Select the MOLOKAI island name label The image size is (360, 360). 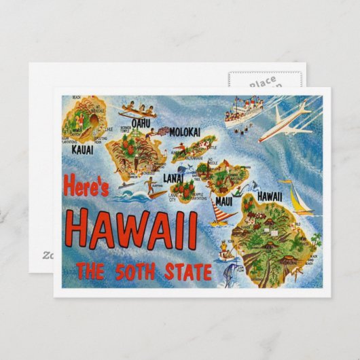(184, 132)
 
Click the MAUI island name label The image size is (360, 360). (224, 202)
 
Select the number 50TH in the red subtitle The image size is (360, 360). (141, 273)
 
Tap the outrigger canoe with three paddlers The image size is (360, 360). (137, 111)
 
